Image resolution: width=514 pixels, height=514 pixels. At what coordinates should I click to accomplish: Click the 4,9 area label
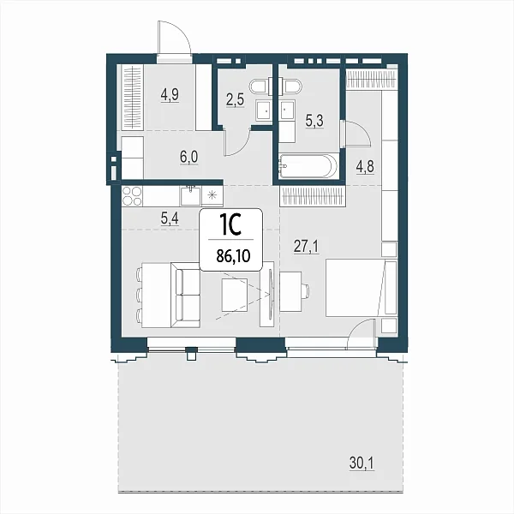(170, 95)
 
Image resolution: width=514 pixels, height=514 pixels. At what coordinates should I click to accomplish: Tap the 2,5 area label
(235, 99)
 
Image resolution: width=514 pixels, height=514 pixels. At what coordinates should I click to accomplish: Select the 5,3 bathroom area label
(314, 121)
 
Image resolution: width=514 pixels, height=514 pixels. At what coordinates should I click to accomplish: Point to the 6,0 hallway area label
(188, 157)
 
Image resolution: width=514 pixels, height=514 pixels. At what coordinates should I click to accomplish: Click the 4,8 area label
(365, 166)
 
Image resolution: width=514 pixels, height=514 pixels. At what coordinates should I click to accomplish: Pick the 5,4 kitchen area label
(170, 218)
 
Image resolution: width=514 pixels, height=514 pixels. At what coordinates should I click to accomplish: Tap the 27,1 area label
(306, 247)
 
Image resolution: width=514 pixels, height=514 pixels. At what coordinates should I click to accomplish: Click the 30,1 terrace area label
(362, 463)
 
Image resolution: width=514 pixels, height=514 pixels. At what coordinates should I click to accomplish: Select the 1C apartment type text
(230, 225)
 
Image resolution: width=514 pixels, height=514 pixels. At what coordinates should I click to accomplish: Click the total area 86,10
(233, 255)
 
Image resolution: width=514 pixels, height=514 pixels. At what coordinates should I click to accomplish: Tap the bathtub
(308, 166)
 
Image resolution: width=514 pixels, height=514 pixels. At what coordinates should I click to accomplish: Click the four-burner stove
(132, 196)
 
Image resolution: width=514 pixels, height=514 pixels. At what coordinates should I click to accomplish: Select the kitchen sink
(190, 195)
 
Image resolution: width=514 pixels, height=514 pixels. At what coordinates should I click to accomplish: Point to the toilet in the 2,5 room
(259, 87)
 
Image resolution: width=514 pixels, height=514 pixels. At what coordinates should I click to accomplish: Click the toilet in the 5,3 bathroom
(290, 87)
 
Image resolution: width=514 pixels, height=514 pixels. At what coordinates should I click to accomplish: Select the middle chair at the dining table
(139, 295)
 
